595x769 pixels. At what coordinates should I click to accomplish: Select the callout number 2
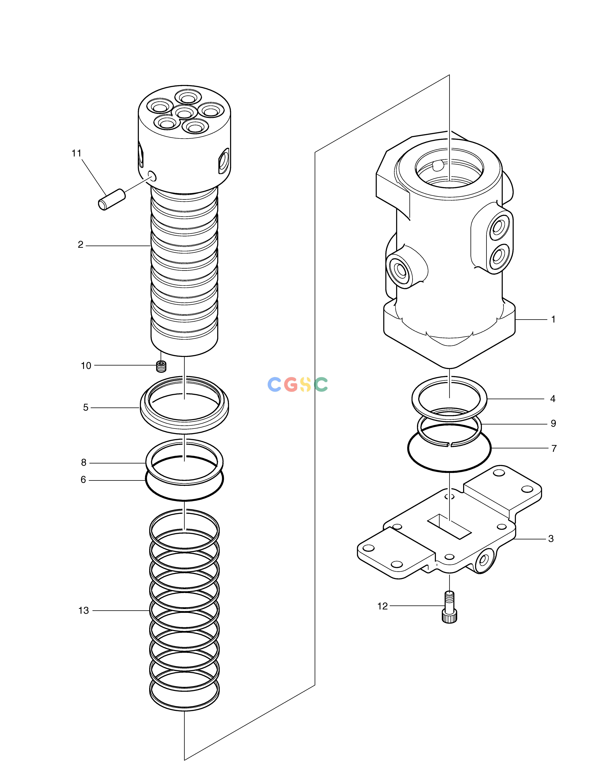pos(81,245)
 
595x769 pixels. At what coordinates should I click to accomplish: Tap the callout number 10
pos(86,366)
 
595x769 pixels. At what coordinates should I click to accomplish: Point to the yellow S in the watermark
pos(306,384)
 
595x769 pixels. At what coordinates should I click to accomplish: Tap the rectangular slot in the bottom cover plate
pos(449,526)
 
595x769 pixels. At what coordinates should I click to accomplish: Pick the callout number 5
pos(86,407)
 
